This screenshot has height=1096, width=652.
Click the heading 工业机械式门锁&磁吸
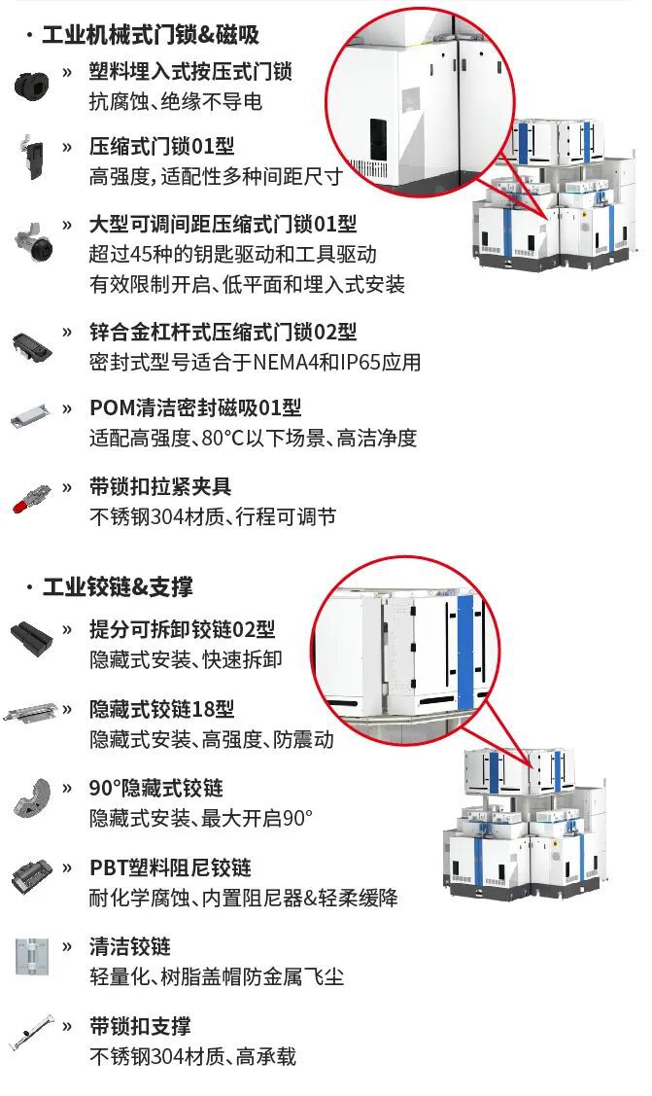tap(151, 34)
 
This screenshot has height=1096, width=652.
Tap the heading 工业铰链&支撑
tap(118, 586)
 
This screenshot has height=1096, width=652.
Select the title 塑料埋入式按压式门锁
tap(189, 71)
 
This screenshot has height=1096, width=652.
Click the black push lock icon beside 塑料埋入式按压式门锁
tap(31, 84)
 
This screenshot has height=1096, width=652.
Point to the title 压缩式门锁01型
tap(161, 146)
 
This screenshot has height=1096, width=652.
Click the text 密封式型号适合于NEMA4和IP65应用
tap(255, 362)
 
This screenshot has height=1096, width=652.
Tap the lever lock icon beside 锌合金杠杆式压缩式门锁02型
tap(32, 345)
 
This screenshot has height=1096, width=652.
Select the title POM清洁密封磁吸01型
tap(195, 407)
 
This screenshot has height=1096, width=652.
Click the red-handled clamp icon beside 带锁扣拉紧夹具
tap(32, 498)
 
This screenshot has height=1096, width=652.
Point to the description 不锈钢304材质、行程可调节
tap(213, 516)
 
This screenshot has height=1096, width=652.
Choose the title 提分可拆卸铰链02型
tap(183, 629)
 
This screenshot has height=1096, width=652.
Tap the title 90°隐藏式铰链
tap(155, 788)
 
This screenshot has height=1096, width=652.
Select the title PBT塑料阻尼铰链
tap(170, 867)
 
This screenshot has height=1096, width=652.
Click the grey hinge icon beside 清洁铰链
tap(32, 956)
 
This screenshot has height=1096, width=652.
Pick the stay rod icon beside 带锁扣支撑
tap(32, 1033)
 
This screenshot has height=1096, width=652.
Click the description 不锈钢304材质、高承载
tap(192, 1055)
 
